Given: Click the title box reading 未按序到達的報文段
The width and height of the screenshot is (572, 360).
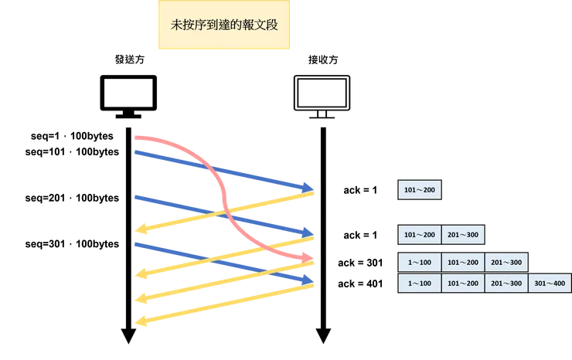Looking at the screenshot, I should pos(223,25).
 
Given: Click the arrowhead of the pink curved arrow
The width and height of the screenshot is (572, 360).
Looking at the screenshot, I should pos(311,256).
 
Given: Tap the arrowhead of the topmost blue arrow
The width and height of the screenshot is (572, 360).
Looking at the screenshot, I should pos(312,187).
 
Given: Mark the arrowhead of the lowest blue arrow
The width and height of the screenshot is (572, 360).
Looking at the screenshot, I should pos(312,279).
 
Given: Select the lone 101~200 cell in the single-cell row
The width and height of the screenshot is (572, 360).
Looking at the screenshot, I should pos(420,190).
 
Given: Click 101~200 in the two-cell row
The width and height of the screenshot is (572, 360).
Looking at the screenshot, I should pos(420,235).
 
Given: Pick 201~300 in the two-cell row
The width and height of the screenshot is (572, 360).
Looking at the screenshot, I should pos(463,235).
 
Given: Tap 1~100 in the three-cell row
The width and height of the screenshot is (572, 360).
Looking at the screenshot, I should pos(419,263).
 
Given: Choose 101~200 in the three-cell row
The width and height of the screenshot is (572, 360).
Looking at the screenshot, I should pos(463,263).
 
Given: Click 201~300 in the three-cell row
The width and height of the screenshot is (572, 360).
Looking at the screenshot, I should pos(507,263).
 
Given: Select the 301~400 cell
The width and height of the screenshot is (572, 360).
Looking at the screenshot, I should pos(550,284).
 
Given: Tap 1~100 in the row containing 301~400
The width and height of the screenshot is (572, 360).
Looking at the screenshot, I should pos(419,284).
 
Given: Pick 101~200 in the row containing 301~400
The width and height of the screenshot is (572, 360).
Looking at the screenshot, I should pos(463,284).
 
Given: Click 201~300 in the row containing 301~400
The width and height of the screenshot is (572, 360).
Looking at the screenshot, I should pos(507,284).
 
